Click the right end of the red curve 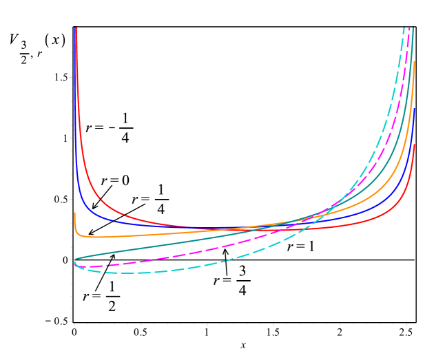click(x=414, y=145)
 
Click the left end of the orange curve click(x=74, y=213)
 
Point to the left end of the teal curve click(x=74, y=260)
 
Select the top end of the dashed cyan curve click(x=404, y=28)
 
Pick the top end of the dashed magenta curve click(x=410, y=28)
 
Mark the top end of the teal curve click(x=413, y=28)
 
